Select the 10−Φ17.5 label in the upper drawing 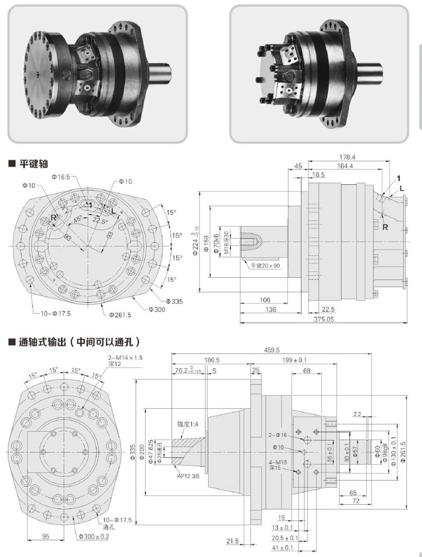55,313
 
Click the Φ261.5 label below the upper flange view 120,315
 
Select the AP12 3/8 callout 188,474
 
